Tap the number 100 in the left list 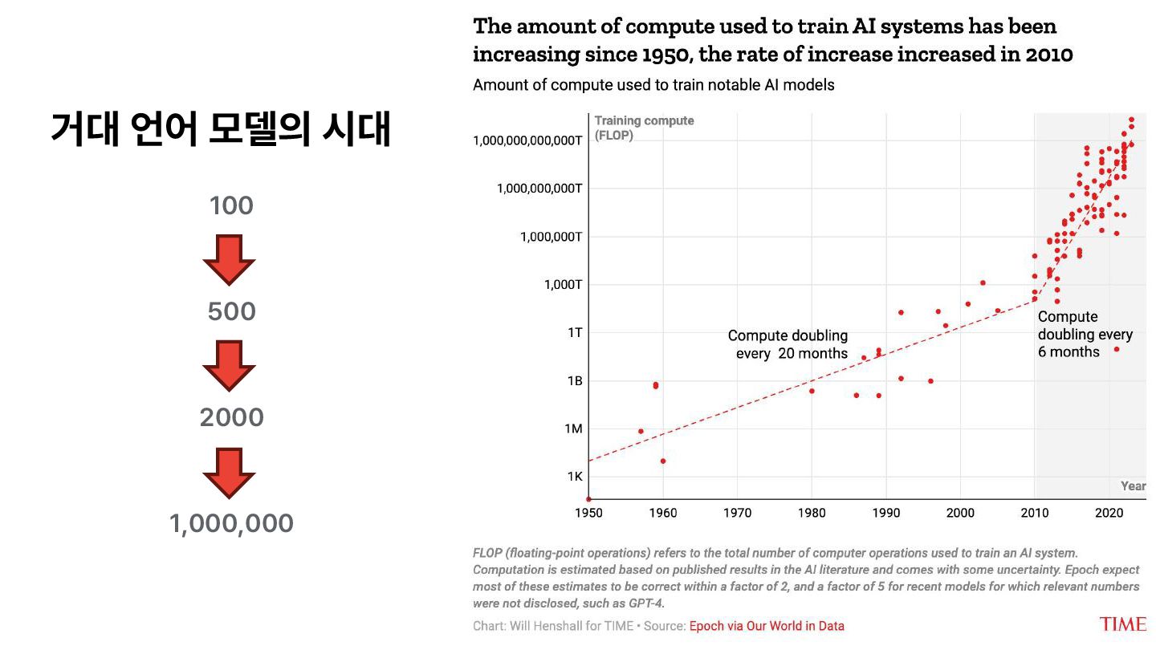231,206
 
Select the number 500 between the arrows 231,312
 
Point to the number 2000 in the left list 231,418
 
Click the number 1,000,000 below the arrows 231,524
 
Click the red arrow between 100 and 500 229,259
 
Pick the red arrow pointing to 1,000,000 229,472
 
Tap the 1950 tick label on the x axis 588,512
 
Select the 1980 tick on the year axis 812,512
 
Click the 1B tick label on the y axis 573,380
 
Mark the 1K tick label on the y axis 574,477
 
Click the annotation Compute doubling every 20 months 788,344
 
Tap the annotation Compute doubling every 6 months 1084,334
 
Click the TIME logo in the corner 1122,624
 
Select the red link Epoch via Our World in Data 767,626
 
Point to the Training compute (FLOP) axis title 644,128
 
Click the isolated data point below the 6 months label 1116,349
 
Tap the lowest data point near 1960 663,461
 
